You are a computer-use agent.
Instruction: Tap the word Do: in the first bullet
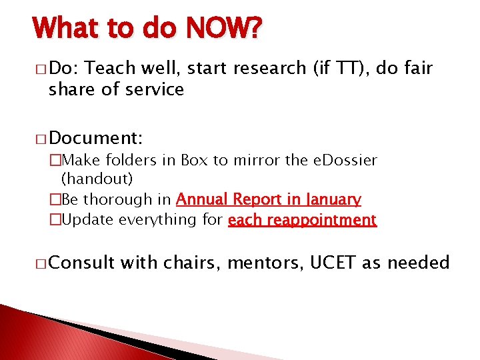click(x=64, y=68)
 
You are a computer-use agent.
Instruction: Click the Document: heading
click(x=96, y=138)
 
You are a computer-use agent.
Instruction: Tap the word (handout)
click(x=97, y=179)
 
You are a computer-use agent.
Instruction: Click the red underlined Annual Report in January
click(x=268, y=199)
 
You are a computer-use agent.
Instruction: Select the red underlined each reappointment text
click(x=302, y=220)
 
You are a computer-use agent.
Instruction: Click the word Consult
click(x=82, y=263)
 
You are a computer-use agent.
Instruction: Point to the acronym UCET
click(x=334, y=263)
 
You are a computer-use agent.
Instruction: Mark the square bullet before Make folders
click(x=55, y=161)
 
